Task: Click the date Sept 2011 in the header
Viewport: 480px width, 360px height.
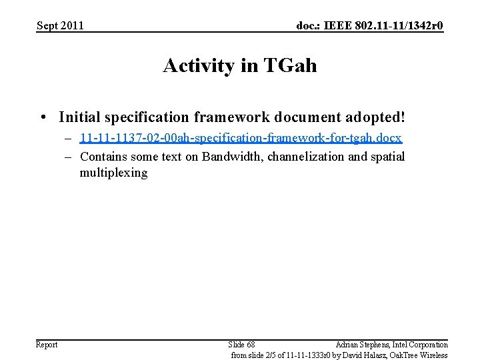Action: tap(60, 26)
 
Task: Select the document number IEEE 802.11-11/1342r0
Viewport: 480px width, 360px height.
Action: tap(370, 26)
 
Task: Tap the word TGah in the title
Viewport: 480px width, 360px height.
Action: tap(290, 66)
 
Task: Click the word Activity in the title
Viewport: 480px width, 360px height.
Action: tap(201, 66)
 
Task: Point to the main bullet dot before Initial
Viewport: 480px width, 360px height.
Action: tap(43, 118)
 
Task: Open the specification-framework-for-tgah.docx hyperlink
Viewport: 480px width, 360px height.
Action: tap(241, 139)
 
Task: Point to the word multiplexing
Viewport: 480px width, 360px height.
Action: tap(113, 173)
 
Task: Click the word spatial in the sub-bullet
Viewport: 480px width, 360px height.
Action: tap(387, 157)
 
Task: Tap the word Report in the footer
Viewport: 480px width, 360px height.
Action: tap(47, 345)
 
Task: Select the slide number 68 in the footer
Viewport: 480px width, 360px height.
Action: tap(241, 345)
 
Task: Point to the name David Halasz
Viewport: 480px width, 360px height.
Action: tap(357, 355)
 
